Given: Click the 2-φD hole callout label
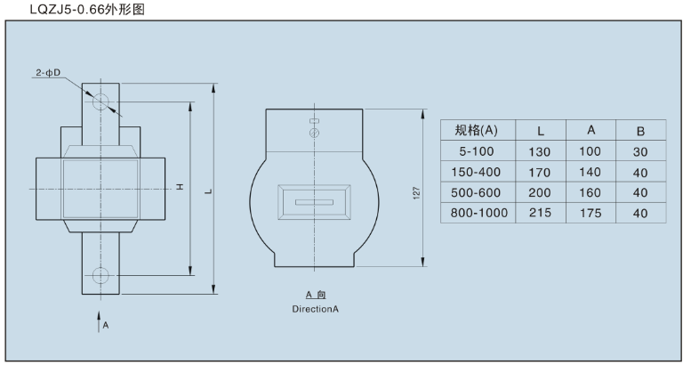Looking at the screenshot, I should pyautogui.click(x=49, y=73).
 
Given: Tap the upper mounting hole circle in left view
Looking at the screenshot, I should pyautogui.click(x=100, y=98).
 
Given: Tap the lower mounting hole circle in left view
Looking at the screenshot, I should pyautogui.click(x=100, y=275).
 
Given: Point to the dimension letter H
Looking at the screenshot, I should pyautogui.click(x=180, y=187).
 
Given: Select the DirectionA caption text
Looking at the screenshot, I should pyautogui.click(x=316, y=309).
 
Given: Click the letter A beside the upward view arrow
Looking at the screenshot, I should pyautogui.click(x=106, y=326).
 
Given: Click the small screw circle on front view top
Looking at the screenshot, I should pyautogui.click(x=314, y=134).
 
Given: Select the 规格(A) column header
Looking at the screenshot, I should pyautogui.click(x=476, y=130).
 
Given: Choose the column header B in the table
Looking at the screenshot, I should pyautogui.click(x=639, y=131).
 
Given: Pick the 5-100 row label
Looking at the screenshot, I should pyautogui.click(x=476, y=151).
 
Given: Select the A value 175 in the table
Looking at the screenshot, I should pyautogui.click(x=591, y=213).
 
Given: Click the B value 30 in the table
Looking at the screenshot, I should pyautogui.click(x=639, y=151).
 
